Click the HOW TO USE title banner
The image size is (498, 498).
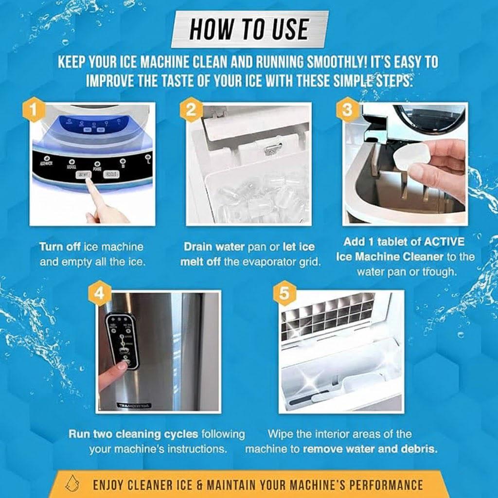click(249, 29)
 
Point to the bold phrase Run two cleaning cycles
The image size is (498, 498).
click(133, 434)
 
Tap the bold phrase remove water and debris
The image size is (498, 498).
click(370, 448)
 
